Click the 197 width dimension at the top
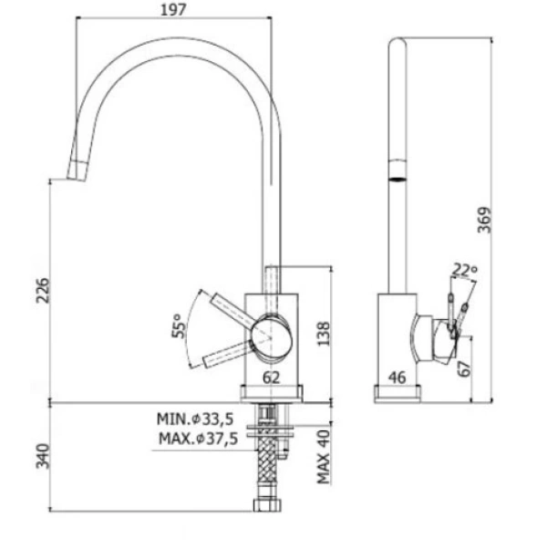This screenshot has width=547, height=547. (x=173, y=10)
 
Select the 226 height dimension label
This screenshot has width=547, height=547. (x=44, y=290)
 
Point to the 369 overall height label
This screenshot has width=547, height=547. (x=484, y=220)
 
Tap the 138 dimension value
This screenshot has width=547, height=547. (x=323, y=334)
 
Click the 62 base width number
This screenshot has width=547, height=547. (x=271, y=377)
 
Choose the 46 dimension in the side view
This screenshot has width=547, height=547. (x=397, y=377)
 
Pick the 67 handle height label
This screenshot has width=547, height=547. (x=464, y=368)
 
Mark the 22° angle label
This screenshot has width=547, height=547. (x=465, y=269)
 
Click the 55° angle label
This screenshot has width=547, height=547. (x=179, y=325)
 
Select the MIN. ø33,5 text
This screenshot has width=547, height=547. (x=195, y=419)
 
